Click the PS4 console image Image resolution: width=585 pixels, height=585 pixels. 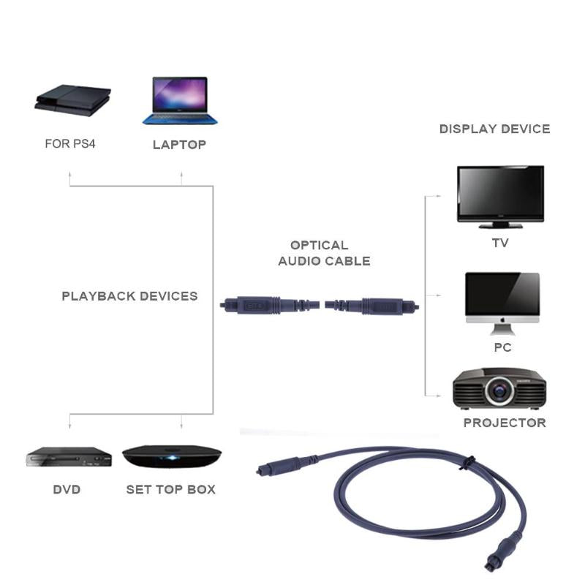tap(73, 100)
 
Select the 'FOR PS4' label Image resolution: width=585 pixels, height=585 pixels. tap(70, 144)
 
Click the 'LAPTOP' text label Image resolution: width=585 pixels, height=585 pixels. tap(179, 145)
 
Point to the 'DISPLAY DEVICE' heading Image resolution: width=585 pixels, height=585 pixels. tap(494, 129)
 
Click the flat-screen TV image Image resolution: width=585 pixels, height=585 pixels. tap(500, 193)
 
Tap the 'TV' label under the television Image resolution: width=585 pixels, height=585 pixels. tap(500, 243)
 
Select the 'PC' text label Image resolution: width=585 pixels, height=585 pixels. tap(502, 347)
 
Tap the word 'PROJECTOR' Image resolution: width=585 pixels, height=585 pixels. tap(505, 423)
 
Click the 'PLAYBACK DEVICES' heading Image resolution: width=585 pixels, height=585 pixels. tap(129, 296)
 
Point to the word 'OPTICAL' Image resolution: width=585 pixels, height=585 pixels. tap(319, 246)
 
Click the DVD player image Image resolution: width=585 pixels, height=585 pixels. tap(69, 457)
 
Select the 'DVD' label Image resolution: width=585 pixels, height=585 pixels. tap(67, 489)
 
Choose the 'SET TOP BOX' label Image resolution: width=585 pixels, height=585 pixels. tap(171, 489)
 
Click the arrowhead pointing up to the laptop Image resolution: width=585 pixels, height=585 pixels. tap(181, 175)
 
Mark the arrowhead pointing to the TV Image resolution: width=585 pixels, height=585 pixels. tap(439, 196)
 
